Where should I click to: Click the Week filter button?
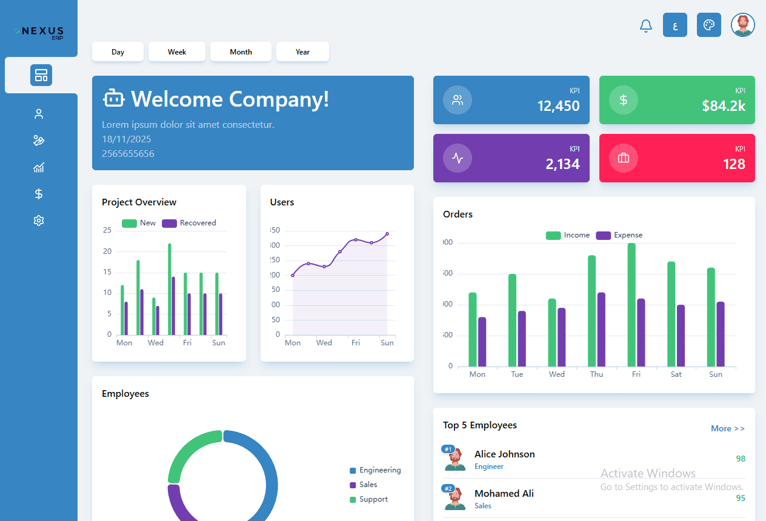(x=177, y=52)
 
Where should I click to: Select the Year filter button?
(x=302, y=52)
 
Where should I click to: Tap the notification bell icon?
(x=646, y=25)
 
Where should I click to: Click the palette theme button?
(x=708, y=25)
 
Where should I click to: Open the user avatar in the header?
(x=742, y=25)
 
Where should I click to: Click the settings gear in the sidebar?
(x=39, y=221)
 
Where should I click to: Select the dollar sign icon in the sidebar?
(x=39, y=194)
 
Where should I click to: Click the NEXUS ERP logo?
(x=39, y=32)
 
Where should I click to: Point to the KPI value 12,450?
(x=558, y=106)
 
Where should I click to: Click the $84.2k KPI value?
(x=724, y=106)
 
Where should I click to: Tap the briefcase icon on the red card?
(x=623, y=158)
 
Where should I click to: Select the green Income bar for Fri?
(x=631, y=305)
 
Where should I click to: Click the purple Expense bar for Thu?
(x=601, y=330)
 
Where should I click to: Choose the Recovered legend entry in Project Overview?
(x=189, y=223)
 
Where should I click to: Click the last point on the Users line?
(x=387, y=234)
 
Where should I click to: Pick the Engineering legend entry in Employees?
(x=375, y=470)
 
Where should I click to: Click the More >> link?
(x=727, y=428)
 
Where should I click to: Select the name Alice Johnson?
(x=504, y=454)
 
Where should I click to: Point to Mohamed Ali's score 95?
(x=741, y=498)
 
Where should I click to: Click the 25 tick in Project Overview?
(x=107, y=230)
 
